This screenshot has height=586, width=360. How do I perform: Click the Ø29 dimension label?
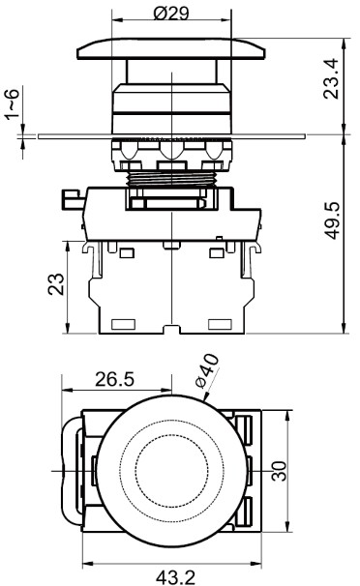[x=171, y=14]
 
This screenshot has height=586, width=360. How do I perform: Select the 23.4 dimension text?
[x=331, y=79]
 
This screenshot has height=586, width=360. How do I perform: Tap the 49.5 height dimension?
[x=332, y=220]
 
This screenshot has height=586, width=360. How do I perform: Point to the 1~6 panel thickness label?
[x=12, y=104]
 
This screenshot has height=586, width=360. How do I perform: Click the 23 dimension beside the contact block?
[x=56, y=284]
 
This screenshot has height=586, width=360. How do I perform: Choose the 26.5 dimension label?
[x=114, y=379]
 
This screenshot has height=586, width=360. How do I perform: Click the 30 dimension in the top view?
[x=279, y=471]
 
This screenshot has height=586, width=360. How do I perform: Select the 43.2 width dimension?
[x=175, y=577]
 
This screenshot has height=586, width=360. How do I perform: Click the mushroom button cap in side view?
[x=171, y=48]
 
